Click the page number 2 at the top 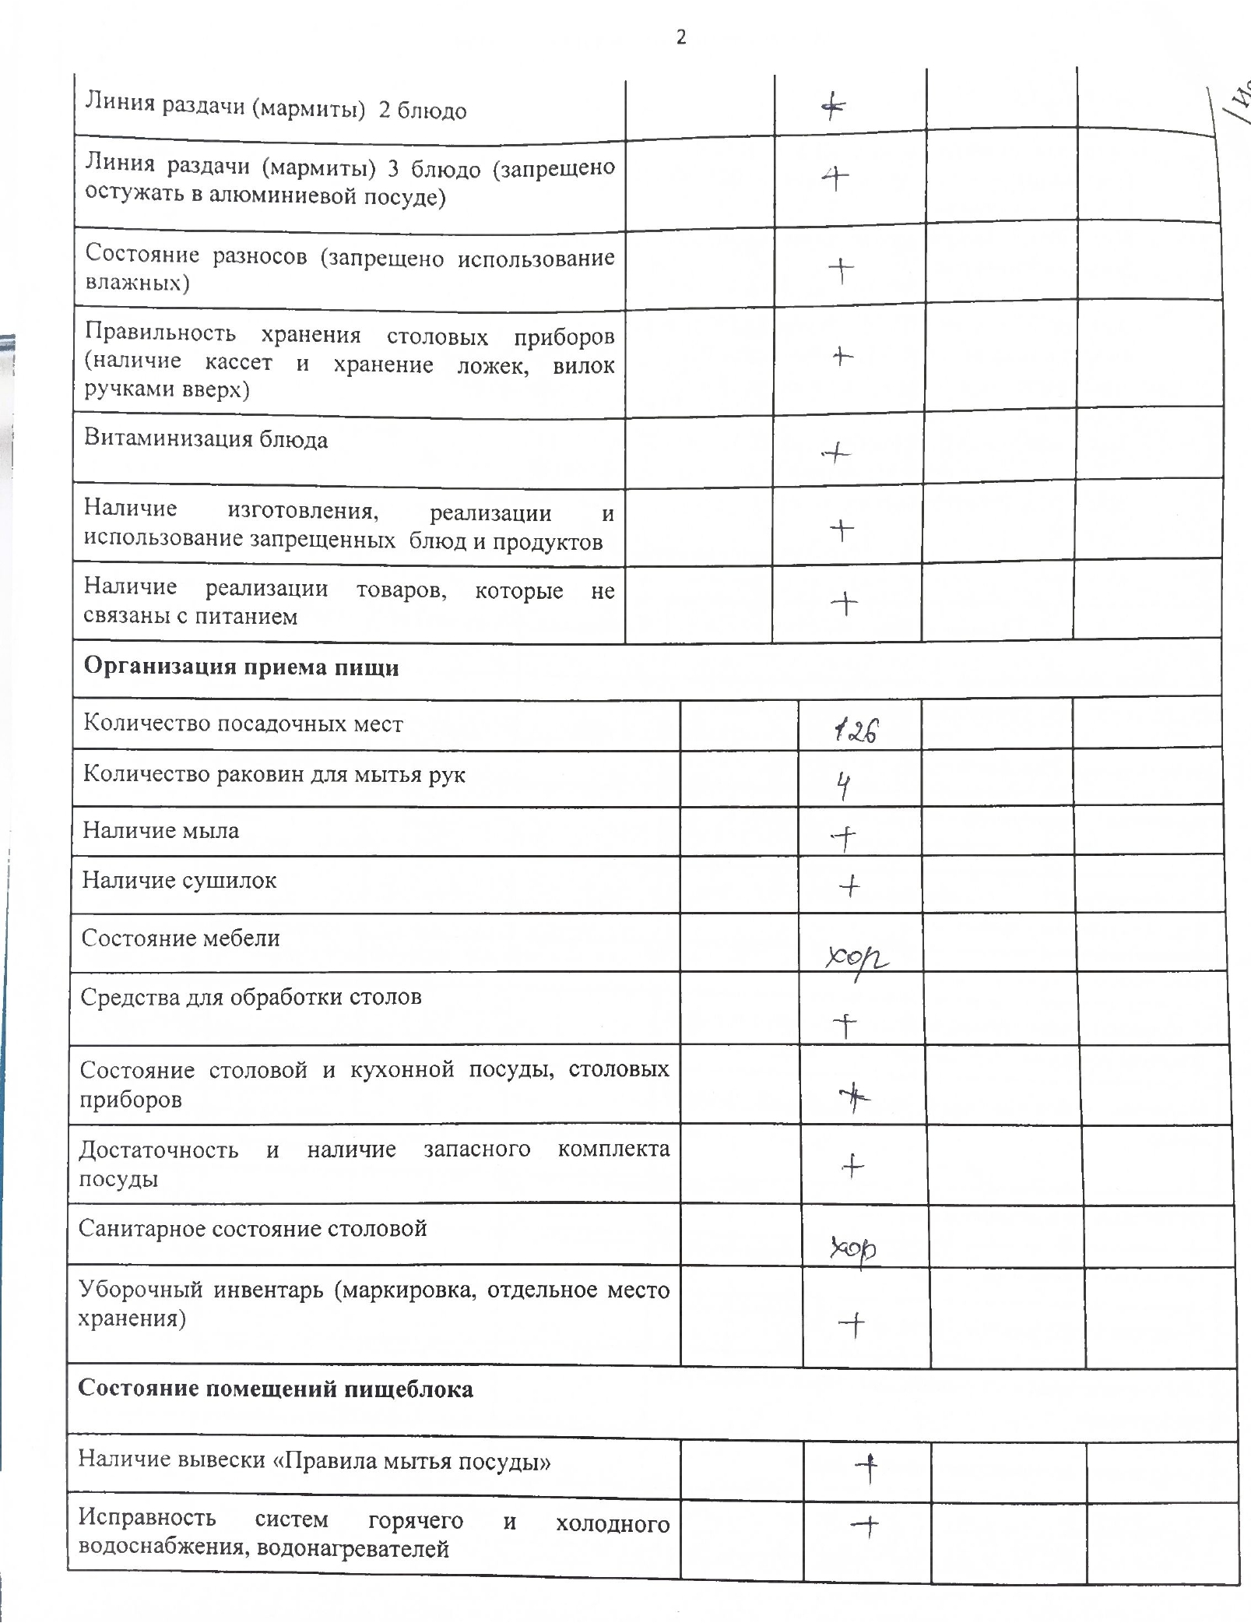681,37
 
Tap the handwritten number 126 856,731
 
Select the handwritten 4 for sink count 843,787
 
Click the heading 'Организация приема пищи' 241,667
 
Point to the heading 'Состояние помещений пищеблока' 276,1389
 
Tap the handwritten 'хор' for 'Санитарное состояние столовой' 853,1249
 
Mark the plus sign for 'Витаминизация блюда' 837,452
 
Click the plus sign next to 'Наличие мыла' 844,838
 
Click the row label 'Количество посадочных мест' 243,723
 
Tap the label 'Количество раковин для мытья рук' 274,775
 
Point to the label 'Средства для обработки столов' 251,997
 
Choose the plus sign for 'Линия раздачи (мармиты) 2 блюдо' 834,107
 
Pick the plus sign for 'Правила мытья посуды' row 866,1468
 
